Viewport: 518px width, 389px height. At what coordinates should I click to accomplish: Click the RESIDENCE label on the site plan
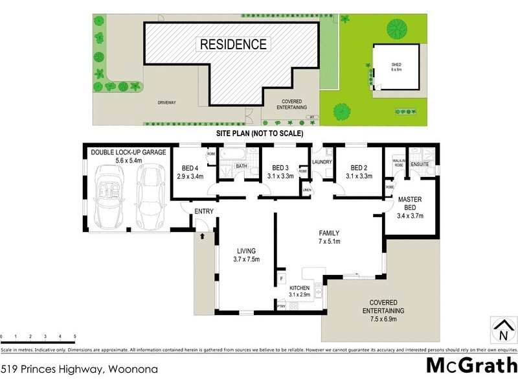tap(232, 45)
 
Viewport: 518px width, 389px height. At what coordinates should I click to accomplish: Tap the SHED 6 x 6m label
tap(396, 67)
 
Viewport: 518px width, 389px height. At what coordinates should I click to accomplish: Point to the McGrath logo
tap(471, 365)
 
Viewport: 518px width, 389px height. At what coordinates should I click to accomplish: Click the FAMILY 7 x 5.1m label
tap(329, 237)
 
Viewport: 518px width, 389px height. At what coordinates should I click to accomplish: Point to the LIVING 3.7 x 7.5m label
tap(246, 255)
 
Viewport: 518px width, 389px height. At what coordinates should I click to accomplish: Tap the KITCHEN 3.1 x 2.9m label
tap(300, 290)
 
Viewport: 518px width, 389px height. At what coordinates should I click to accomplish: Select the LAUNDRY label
tap(322, 162)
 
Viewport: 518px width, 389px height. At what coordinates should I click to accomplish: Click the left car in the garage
tap(107, 195)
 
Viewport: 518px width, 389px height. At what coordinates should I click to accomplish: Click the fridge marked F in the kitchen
tap(282, 279)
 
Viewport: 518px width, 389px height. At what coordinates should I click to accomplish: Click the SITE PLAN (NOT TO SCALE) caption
tap(259, 133)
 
